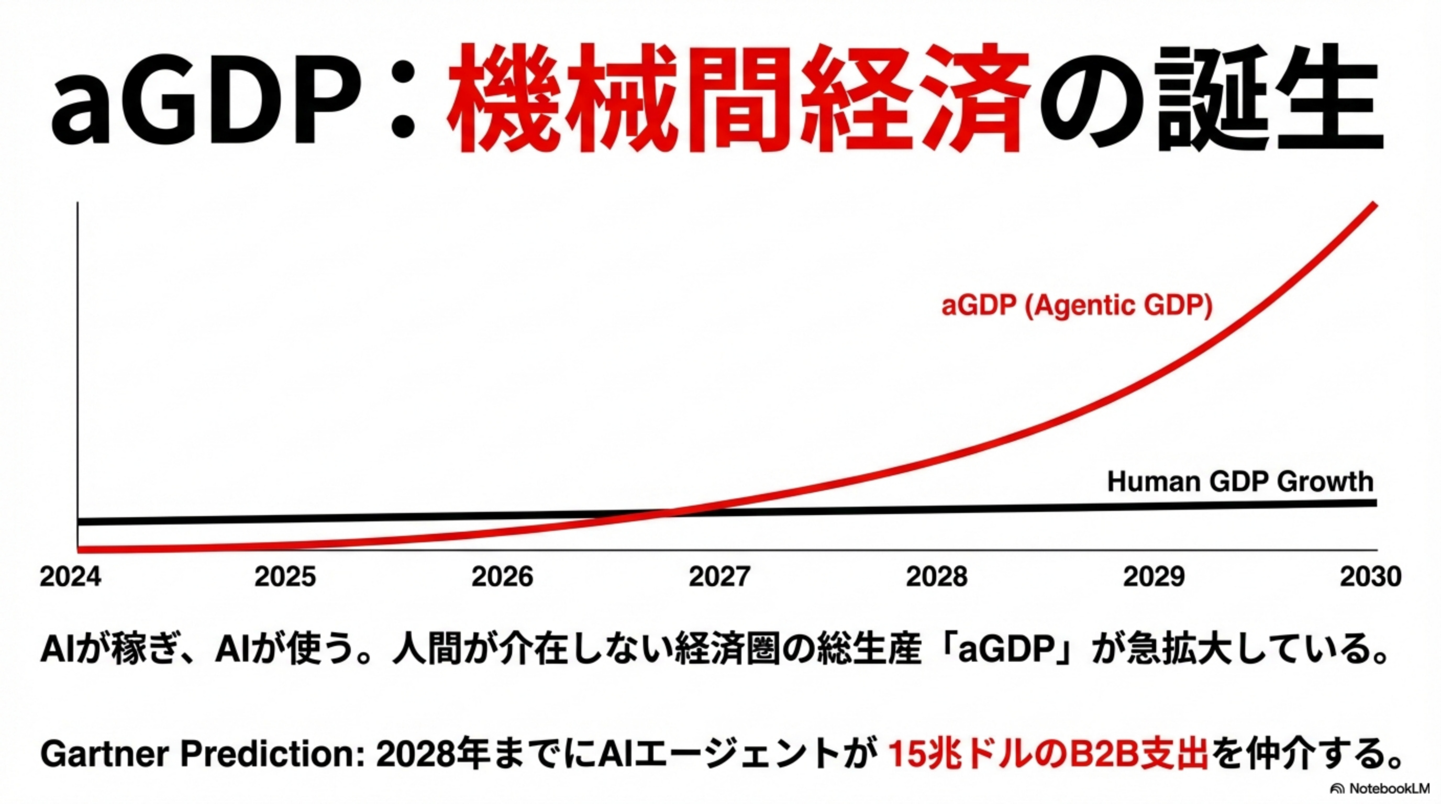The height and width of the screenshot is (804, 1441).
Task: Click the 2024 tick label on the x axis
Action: [71, 576]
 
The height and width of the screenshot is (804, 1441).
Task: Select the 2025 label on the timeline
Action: [285, 576]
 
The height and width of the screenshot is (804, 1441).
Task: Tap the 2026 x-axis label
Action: [502, 576]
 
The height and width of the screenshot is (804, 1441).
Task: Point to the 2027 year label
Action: [719, 576]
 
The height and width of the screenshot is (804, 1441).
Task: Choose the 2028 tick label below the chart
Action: [936, 576]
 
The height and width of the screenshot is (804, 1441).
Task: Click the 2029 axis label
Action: [1154, 576]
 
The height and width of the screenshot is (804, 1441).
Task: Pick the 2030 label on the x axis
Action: [1370, 576]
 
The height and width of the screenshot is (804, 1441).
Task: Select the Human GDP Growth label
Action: [1240, 482]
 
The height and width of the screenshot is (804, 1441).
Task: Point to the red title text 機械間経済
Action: [738, 99]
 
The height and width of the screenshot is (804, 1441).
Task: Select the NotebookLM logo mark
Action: [1337, 789]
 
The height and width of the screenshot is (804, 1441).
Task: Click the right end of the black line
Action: [1375, 502]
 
